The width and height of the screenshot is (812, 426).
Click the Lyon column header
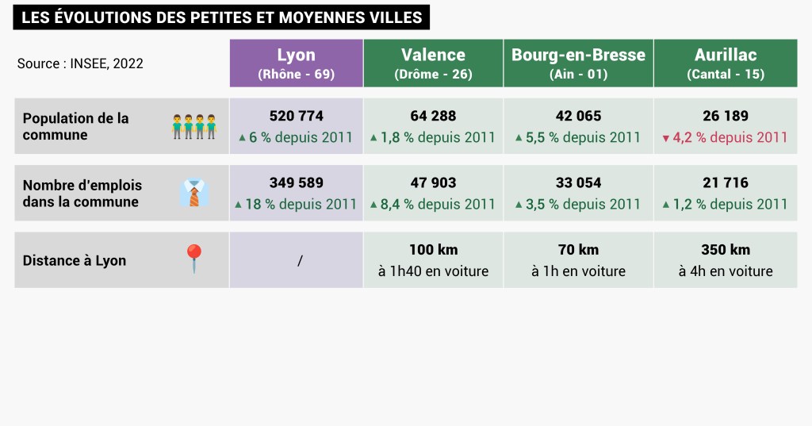pyautogui.click(x=296, y=63)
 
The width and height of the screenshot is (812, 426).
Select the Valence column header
pyautogui.click(x=433, y=63)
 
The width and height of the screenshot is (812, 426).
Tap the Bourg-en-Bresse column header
pyautogui.click(x=578, y=63)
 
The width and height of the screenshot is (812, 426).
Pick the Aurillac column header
pyautogui.click(x=726, y=63)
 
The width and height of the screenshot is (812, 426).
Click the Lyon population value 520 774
pyautogui.click(x=296, y=116)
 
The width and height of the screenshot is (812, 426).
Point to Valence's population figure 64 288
pyautogui.click(x=433, y=116)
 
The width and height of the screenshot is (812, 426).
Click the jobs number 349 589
pyautogui.click(x=296, y=182)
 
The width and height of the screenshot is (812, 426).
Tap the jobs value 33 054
pyautogui.click(x=578, y=182)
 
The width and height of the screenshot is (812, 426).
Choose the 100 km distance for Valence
pyautogui.click(x=433, y=250)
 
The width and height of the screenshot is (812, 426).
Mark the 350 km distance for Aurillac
pyautogui.click(x=726, y=250)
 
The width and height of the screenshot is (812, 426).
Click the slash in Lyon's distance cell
pyautogui.click(x=300, y=260)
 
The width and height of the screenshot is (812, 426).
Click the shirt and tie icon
pyautogui.click(x=194, y=193)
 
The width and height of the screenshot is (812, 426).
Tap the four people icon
pyautogui.click(x=194, y=126)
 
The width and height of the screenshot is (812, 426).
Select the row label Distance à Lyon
pyautogui.click(x=74, y=260)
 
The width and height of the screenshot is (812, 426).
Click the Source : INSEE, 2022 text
pyautogui.click(x=80, y=63)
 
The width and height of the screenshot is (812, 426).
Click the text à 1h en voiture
pyautogui.click(x=578, y=271)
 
